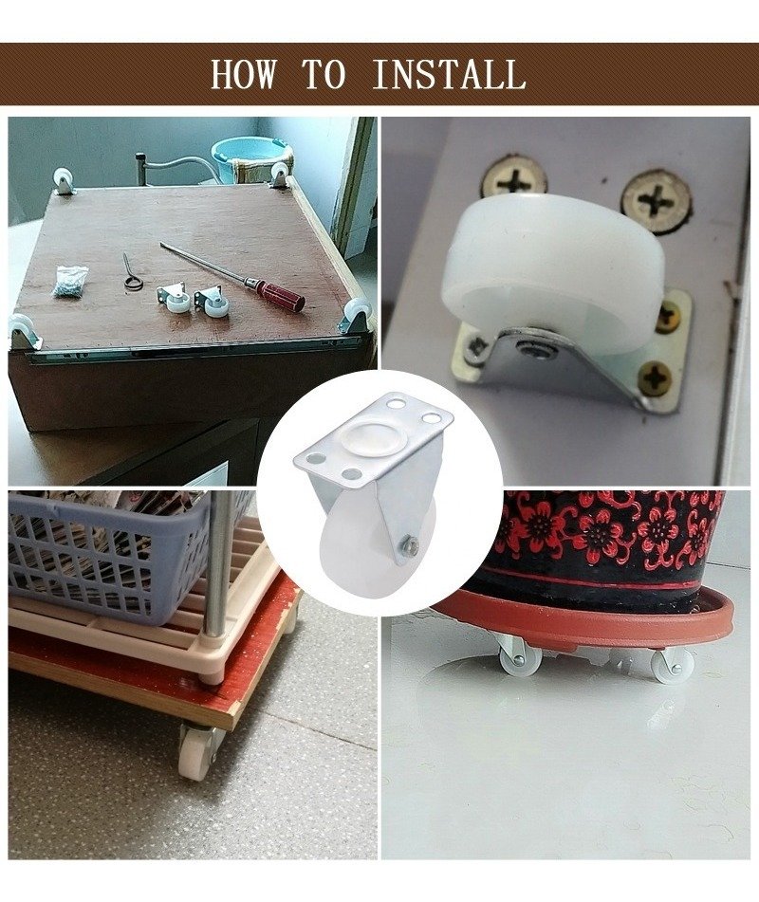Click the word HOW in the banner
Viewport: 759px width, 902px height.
pyautogui.click(x=243, y=74)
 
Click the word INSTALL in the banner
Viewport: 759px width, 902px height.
pyautogui.click(x=449, y=74)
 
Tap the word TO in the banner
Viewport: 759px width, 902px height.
pyautogui.click(x=324, y=74)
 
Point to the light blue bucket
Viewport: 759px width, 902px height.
pyautogui.click(x=251, y=156)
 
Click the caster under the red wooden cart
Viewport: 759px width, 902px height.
pyautogui.click(x=198, y=750)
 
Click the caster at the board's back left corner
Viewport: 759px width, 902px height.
pyautogui.click(x=63, y=180)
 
